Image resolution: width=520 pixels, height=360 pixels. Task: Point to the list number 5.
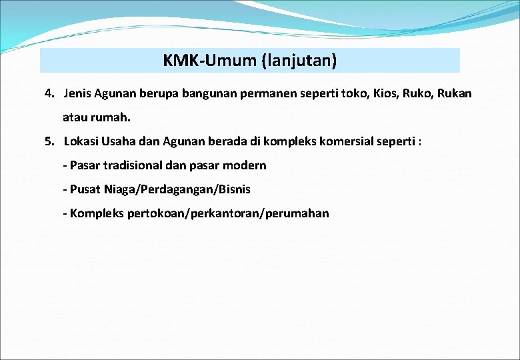tap(49, 141)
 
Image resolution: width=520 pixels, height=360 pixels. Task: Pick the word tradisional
tap(133, 165)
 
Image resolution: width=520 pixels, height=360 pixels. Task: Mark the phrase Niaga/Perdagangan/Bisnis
tap(177, 189)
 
